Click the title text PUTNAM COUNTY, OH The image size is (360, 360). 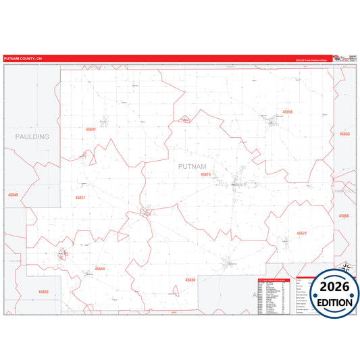pyautogui.click(x=23, y=58)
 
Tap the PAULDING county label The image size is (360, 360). pyautogui.click(x=32, y=136)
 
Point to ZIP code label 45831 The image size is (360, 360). pyautogui.click(x=91, y=129)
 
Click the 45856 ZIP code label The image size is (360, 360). pyautogui.click(x=288, y=111)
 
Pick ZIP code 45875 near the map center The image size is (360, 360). pyautogui.click(x=206, y=174)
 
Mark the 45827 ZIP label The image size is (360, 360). pyautogui.click(x=80, y=197)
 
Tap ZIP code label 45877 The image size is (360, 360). pyautogui.click(x=301, y=233)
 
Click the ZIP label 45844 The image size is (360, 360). pyautogui.click(x=100, y=268)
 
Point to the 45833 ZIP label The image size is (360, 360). pyautogui.click(x=43, y=292)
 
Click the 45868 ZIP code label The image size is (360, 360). pyautogui.click(x=344, y=215)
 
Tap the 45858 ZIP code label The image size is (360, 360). pyautogui.click(x=344, y=134)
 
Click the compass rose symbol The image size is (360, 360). pyautogui.click(x=346, y=268)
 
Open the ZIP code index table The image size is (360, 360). pyautogui.click(x=276, y=294)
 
